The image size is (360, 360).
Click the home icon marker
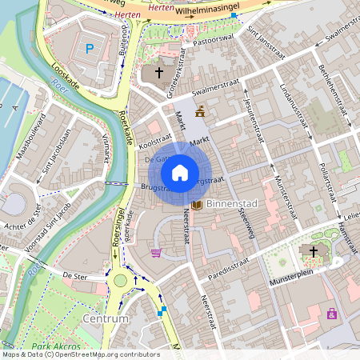coord(180,173)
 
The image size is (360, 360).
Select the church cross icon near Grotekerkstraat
coord(158,74)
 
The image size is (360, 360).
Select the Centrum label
coord(105,318)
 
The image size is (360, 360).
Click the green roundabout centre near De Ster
coord(121,281)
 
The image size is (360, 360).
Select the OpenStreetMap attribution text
coord(80,354)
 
